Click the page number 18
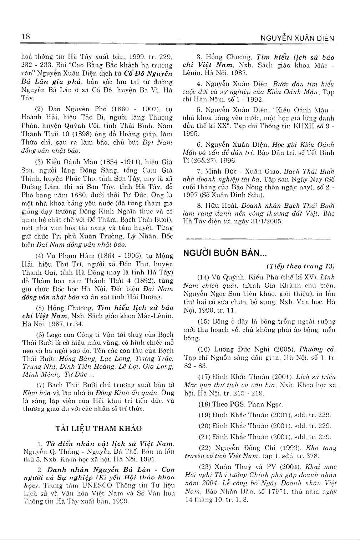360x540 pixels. pyautogui.click(x=26, y=37)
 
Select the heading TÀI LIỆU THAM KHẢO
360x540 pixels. pyautogui.click(x=99, y=428)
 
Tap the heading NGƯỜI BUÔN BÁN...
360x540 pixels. pyautogui.click(x=225, y=253)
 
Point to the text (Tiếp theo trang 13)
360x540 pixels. pyautogui.click(x=300, y=266)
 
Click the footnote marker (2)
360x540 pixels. pyautogui.click(x=40, y=108)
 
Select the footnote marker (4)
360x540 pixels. pyautogui.click(x=40, y=256)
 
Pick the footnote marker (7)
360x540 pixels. pyautogui.click(x=41, y=385)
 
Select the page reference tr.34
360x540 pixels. pyautogui.click(x=76, y=324)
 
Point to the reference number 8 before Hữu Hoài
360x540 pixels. pyautogui.click(x=199, y=206)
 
